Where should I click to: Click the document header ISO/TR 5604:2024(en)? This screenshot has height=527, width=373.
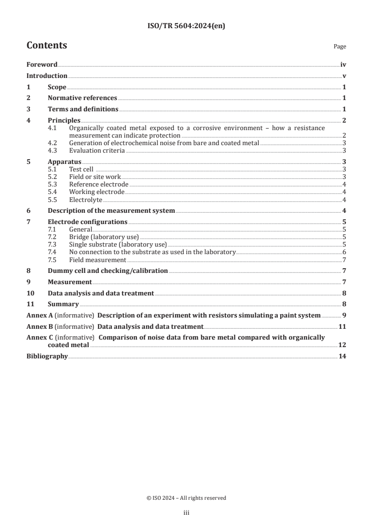pyautogui.click(x=186, y=26)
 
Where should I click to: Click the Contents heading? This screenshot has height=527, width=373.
pyautogui.click(x=47, y=46)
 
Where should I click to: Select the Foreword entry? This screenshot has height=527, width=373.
pyautogui.click(x=42, y=65)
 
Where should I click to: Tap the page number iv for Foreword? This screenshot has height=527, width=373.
pyautogui.click(x=343, y=65)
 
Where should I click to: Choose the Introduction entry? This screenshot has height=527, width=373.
pyautogui.click(x=47, y=76)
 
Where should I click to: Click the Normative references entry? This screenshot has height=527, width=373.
pyautogui.click(x=82, y=98)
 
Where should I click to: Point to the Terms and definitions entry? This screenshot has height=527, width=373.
pyautogui.click(x=83, y=109)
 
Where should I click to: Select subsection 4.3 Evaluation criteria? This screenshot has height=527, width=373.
pyautogui.click(x=97, y=150)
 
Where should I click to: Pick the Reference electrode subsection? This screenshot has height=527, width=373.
pyautogui.click(x=98, y=184)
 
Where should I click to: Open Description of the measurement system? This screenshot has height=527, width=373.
pyautogui.click(x=111, y=210)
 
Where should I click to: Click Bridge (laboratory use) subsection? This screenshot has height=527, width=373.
pyautogui.click(x=103, y=237)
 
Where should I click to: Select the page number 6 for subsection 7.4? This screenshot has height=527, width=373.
pyautogui.click(x=344, y=252)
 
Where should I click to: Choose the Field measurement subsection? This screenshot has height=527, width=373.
pyautogui.click(x=97, y=260)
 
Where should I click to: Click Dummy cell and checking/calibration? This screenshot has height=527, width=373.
pyautogui.click(x=108, y=271)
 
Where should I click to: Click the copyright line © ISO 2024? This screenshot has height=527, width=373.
pyautogui.click(x=186, y=498)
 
